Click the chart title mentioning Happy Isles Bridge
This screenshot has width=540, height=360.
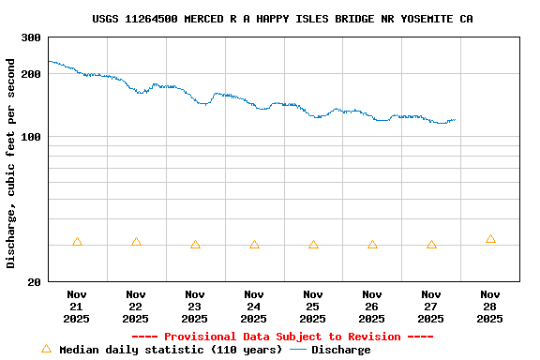click(x=282, y=19)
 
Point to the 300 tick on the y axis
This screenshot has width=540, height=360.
click(x=31, y=37)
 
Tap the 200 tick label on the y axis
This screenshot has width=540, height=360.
click(x=31, y=74)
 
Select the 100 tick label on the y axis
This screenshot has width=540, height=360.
click(x=31, y=138)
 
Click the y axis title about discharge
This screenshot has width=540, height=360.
click(x=11, y=163)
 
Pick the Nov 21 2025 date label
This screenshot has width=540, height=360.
click(x=77, y=307)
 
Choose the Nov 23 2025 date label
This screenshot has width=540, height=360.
click(x=195, y=307)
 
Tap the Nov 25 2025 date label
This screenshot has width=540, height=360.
click(x=313, y=307)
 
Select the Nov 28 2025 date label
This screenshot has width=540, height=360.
click(x=490, y=307)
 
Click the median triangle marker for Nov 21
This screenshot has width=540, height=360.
click(x=77, y=242)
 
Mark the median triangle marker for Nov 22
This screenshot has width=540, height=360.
click(x=136, y=242)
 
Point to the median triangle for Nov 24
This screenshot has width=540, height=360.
click(x=254, y=245)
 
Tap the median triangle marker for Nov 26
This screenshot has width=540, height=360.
click(x=372, y=245)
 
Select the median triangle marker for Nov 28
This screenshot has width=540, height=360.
click(x=490, y=239)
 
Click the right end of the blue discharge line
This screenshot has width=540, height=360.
click(x=455, y=120)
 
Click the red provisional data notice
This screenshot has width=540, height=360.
click(x=282, y=337)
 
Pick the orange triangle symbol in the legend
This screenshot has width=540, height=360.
click(x=46, y=349)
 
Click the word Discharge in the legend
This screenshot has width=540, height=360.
click(x=340, y=350)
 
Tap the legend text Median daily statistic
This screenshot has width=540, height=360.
click(x=170, y=350)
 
